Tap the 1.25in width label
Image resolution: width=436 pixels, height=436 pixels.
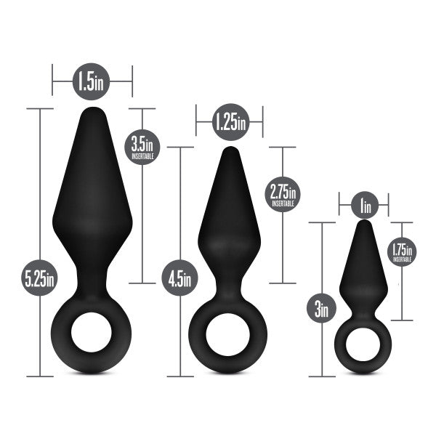(x=230, y=121)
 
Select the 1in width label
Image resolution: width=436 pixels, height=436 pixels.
(x=364, y=206)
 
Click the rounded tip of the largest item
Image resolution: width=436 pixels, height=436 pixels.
(x=92, y=113)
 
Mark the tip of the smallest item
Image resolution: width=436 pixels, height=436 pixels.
(x=364, y=224)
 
